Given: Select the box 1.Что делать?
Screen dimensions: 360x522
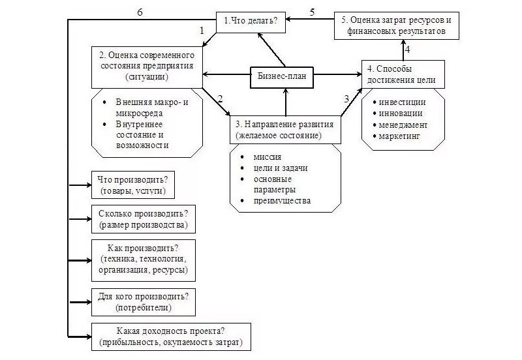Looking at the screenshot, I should coord(252,21).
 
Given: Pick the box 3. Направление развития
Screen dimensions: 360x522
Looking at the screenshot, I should coord(285,130).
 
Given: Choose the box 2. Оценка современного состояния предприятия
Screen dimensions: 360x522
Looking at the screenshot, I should coord(146,66).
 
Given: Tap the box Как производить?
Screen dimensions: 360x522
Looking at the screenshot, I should coord(144,259).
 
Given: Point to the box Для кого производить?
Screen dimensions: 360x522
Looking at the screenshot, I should coord(144,301).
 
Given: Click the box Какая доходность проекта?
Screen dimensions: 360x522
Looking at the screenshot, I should coord(171,337).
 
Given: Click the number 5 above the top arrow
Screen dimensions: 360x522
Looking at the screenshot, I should coord(311,12).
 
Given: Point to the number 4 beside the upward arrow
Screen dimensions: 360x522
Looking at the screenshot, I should coord(407,50).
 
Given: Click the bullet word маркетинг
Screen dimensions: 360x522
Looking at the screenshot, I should coord(401,136).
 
